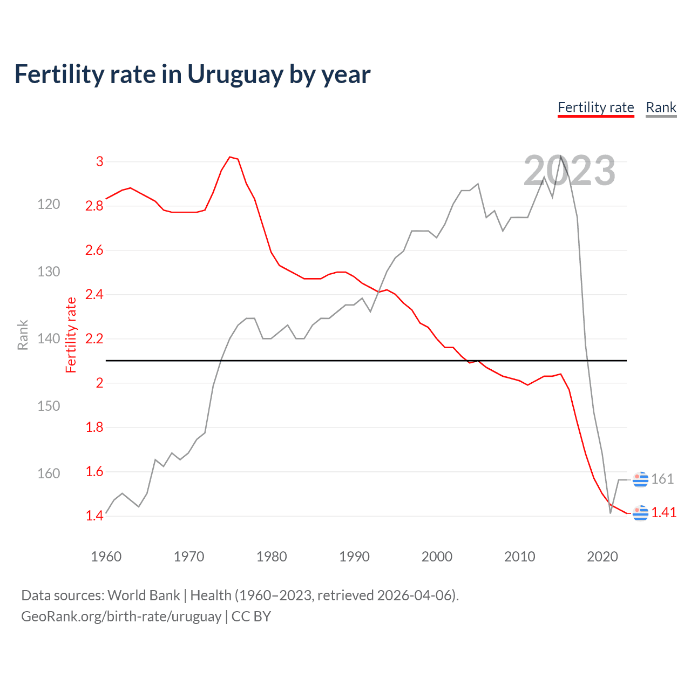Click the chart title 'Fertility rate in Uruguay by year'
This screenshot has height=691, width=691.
point(192,74)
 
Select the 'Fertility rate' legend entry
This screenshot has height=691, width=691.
point(595,107)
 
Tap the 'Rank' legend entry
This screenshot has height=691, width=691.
point(661,107)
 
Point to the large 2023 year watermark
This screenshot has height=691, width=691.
point(569,171)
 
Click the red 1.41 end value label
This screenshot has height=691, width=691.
point(663,512)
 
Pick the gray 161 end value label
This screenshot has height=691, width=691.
point(662,479)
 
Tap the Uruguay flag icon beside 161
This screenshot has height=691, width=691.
point(640,479)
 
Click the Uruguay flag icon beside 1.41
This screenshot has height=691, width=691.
point(640,512)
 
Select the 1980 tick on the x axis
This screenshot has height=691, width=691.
point(272,557)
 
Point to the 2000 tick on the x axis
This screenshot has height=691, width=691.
point(437,557)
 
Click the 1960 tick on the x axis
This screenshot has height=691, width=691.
point(106,557)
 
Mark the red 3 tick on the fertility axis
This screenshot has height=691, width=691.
point(99,161)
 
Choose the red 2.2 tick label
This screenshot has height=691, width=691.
point(94,339)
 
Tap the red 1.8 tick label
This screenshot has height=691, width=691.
point(94,428)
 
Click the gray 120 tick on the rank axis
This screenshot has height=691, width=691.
point(49,204)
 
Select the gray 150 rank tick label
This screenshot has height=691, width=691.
point(49,406)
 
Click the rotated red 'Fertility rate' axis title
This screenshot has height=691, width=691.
point(71,335)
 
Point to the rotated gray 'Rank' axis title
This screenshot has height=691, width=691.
point(23,335)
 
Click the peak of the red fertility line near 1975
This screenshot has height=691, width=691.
point(230,157)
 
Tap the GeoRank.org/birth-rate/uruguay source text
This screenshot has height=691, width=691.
point(121,617)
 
